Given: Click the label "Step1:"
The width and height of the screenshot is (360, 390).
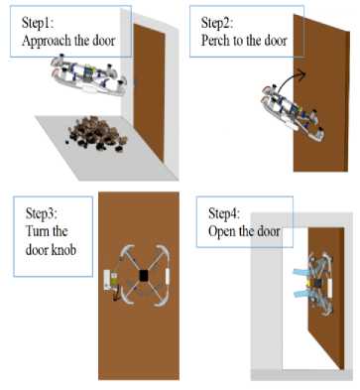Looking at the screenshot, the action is (38, 23).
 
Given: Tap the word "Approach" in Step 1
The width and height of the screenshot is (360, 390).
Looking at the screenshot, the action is (47, 41).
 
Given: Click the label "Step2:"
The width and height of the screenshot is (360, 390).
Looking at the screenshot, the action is (217, 23).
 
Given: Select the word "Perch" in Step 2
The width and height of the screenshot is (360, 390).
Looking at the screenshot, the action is (215, 41).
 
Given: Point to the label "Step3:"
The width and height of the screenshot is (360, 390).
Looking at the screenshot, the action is (42, 213).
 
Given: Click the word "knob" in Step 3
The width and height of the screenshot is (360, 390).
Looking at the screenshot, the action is (63, 250).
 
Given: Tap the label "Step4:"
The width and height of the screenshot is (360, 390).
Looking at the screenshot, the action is (224, 213).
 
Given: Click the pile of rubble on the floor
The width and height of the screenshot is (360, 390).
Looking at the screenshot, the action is (95, 133).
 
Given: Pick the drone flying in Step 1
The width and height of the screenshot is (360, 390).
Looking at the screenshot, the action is (88, 75).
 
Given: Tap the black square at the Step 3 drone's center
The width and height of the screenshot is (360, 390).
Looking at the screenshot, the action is (144, 276).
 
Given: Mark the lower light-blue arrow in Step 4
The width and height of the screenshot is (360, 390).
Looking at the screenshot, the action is (302, 293).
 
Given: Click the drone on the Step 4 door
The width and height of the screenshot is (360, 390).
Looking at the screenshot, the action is (320, 284).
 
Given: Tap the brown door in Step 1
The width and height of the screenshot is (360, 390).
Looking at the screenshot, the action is (149, 92).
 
